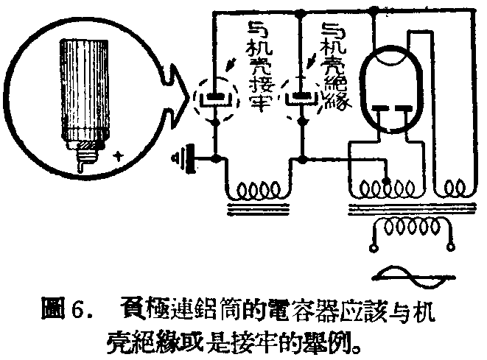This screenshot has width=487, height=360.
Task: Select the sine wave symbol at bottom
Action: point(410,278)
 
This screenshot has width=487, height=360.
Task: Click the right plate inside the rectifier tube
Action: point(404,111)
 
